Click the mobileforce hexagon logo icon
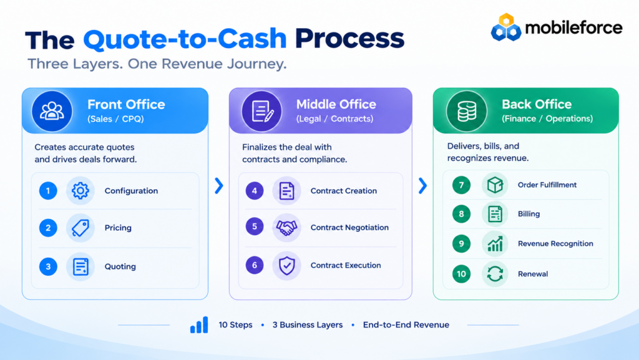point(505,27)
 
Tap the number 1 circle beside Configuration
point(48,190)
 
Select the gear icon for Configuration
point(80,190)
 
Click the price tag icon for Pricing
point(80,228)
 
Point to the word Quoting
point(120,266)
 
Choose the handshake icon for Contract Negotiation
point(286,227)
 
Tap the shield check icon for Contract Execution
point(286,266)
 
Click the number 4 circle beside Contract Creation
point(255,190)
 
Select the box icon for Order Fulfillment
point(495,185)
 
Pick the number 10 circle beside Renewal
point(461,274)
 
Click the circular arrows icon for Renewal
point(495,274)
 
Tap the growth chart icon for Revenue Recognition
point(495,243)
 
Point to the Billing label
point(529,214)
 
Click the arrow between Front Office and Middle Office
point(219,186)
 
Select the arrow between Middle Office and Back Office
point(422,186)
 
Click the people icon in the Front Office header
point(52,111)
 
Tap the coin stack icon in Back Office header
point(467,111)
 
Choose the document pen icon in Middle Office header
point(262,111)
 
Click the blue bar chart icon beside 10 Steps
point(199,325)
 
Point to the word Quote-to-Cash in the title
point(185,39)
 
